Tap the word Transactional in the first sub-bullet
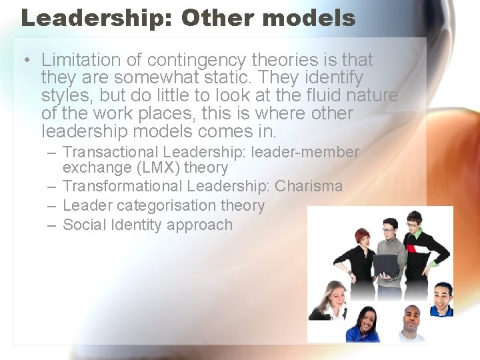tap(110, 153)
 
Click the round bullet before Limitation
tap(25, 61)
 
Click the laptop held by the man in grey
tap(387, 265)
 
